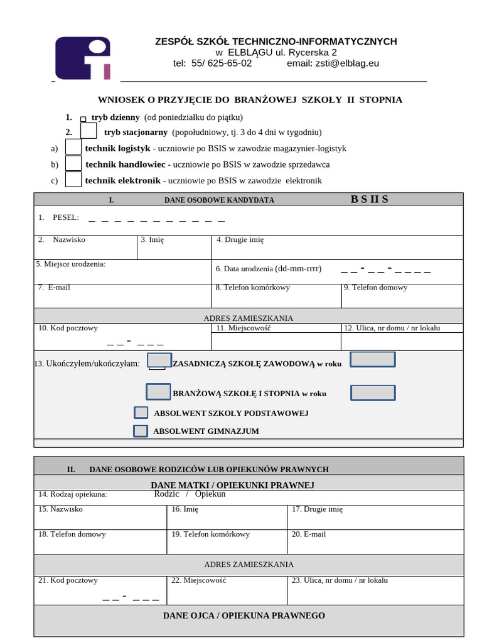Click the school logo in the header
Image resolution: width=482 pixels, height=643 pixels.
(83, 58)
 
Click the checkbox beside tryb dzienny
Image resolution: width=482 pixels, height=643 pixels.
(83, 118)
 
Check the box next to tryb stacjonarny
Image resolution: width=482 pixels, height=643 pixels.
(88, 131)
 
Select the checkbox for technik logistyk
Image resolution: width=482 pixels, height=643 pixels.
(73, 147)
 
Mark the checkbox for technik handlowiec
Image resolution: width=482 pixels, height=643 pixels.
(73, 163)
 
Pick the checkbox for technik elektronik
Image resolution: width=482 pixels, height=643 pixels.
(73, 180)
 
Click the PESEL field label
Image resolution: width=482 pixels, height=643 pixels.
(65, 217)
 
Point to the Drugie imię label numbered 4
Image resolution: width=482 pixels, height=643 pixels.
(240, 240)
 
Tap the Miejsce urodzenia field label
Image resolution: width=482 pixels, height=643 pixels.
(71, 264)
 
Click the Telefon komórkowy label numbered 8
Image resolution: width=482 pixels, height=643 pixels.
(253, 288)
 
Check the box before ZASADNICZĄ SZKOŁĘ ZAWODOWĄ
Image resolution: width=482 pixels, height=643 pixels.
(159, 360)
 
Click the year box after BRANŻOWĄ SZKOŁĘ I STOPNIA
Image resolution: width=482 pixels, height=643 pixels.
(372, 392)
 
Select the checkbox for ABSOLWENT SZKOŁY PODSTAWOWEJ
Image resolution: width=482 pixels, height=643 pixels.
(141, 413)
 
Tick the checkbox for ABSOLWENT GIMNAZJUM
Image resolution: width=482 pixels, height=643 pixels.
(141, 431)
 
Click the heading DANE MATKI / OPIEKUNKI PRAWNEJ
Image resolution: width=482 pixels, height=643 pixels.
(232, 485)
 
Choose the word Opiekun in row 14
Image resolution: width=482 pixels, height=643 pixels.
(210, 494)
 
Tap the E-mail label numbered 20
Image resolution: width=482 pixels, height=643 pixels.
(308, 534)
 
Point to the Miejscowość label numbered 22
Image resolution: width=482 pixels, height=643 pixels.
(198, 580)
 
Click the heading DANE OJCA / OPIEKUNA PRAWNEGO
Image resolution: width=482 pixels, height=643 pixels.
(244, 615)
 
